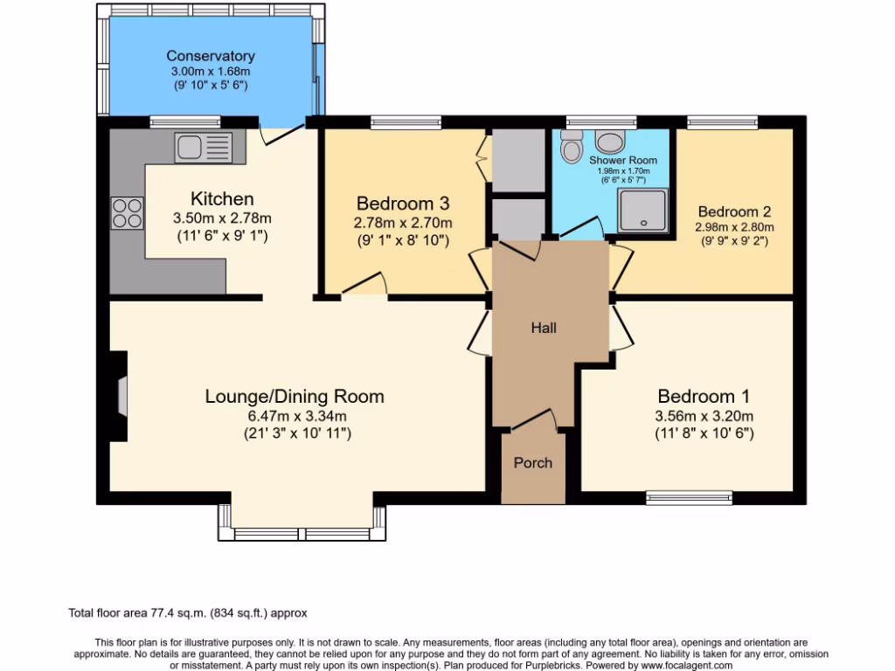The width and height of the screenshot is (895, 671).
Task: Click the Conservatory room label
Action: tap(211, 56)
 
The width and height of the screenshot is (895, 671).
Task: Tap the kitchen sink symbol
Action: tap(203, 146)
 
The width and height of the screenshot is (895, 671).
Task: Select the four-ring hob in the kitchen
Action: tap(127, 212)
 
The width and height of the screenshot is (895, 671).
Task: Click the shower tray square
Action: tap(642, 210)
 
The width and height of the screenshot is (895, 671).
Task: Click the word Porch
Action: tap(532, 462)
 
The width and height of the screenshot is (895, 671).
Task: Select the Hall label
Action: tap(544, 328)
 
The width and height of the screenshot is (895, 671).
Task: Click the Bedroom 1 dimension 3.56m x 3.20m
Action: tap(704, 416)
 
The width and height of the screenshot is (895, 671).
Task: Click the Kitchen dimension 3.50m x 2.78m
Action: tap(222, 218)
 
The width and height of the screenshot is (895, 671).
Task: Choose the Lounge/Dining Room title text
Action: tap(295, 397)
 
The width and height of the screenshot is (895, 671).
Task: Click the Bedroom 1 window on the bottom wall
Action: tap(689, 497)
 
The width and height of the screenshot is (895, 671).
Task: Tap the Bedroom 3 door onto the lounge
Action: tap(363, 287)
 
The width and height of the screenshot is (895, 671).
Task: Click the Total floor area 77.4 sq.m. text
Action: tap(188, 613)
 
